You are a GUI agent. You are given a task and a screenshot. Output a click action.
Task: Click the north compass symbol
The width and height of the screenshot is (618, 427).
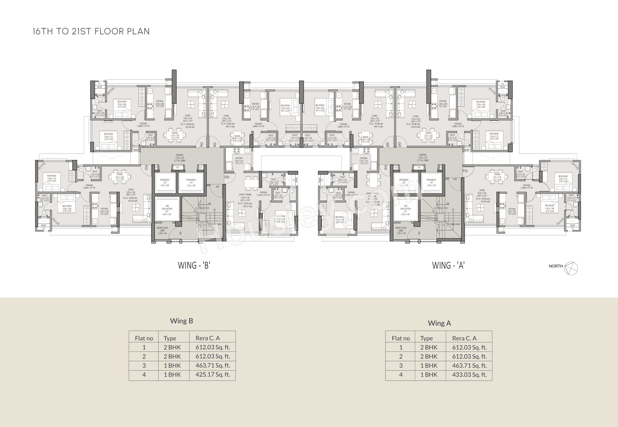[571, 268]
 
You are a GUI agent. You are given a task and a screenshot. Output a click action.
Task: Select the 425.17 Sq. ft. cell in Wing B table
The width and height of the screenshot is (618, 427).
[213, 374]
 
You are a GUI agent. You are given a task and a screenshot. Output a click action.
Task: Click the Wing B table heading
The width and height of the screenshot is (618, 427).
[181, 321]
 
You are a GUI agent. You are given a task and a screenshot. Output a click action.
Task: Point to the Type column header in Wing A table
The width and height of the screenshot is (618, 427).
[426, 338]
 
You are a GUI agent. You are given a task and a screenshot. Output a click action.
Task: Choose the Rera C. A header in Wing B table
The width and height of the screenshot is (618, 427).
[208, 338]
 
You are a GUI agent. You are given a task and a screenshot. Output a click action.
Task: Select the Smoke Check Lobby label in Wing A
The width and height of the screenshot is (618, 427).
[401, 230]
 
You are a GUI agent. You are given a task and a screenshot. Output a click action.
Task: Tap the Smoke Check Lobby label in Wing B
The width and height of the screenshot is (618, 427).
[162, 230]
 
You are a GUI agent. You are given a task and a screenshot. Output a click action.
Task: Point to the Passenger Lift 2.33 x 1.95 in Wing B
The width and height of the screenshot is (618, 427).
[191, 183]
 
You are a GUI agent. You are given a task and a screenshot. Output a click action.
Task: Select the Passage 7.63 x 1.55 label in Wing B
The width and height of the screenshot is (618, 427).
[180, 158]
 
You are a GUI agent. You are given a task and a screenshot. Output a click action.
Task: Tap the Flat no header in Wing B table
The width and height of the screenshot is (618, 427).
[144, 338]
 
